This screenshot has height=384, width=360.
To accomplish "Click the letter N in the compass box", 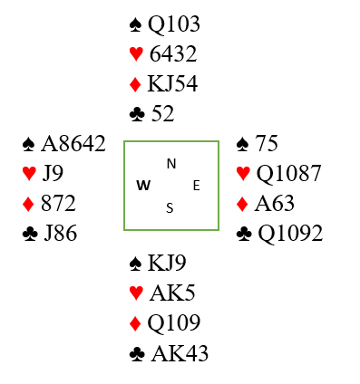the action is click(x=171, y=164).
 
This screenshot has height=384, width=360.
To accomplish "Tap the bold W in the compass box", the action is click(x=143, y=186).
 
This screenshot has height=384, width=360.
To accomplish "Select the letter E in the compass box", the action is click(x=197, y=186).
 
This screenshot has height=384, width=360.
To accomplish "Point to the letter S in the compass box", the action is click(x=170, y=208).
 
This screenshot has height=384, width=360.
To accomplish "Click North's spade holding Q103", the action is click(x=174, y=24).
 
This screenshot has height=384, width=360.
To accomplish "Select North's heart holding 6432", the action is click(x=173, y=54).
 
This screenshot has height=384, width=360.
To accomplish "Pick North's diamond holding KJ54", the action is click(x=172, y=84).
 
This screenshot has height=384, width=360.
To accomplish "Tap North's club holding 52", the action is click(x=163, y=114).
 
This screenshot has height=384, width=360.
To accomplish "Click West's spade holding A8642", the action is click(x=73, y=144).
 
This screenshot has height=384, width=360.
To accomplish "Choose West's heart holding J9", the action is click(x=53, y=173).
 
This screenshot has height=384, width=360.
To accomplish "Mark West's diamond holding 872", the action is click(x=58, y=203).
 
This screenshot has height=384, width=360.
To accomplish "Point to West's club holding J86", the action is click(x=61, y=233).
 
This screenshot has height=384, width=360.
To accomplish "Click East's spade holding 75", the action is click(x=267, y=143).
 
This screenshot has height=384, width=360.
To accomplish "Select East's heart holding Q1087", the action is click(x=288, y=174).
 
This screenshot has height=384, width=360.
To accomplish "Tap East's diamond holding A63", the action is click(x=275, y=203).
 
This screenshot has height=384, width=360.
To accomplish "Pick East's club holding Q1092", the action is click(x=290, y=234).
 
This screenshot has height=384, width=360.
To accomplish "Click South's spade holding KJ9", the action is click(x=167, y=263).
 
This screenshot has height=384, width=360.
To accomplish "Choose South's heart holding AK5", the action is click(x=172, y=293).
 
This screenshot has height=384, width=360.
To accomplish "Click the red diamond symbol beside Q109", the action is click(x=135, y=323).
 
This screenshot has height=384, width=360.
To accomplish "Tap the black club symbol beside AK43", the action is click(x=137, y=354).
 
